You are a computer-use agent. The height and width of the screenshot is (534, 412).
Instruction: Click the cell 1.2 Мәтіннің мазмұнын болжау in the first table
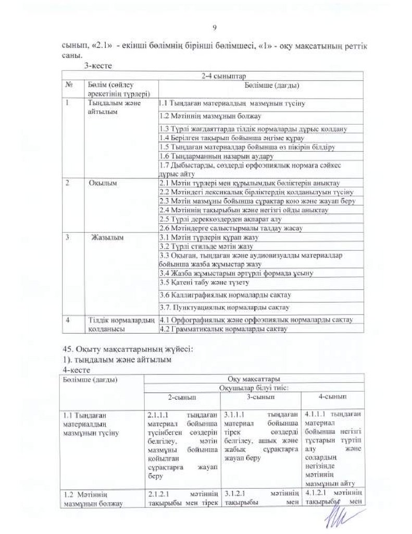[210, 116]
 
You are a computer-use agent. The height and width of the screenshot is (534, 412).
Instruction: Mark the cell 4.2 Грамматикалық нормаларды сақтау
[227, 329]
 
